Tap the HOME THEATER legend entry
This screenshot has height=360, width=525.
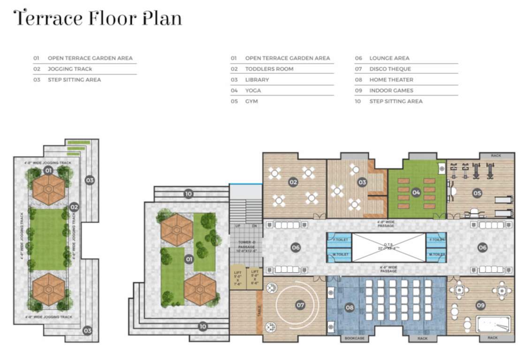pyautogui.click(x=391, y=80)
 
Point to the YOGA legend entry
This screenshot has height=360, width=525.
pyautogui.click(x=253, y=90)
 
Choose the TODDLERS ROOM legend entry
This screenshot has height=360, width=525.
pyautogui.click(x=269, y=69)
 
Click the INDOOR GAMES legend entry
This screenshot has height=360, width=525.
pyautogui.click(x=391, y=90)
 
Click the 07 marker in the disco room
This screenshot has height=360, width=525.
pyautogui.click(x=300, y=305)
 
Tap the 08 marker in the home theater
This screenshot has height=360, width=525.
pyautogui.click(x=350, y=307)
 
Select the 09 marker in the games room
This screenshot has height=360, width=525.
pyautogui.click(x=480, y=305)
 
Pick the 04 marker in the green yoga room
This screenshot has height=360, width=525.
pyautogui.click(x=416, y=192)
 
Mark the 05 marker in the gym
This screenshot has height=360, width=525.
pyautogui.click(x=477, y=193)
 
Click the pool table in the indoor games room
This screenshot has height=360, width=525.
pyautogui.click(x=493, y=324)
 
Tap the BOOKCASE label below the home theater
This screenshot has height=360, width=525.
pyautogui.click(x=354, y=338)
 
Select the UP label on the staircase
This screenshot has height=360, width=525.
pyautogui.click(x=238, y=226)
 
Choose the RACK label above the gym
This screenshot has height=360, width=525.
pyautogui.click(x=496, y=156)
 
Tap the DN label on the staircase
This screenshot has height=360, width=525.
pyautogui.click(x=254, y=226)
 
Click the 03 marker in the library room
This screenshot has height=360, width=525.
pyautogui.click(x=362, y=182)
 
